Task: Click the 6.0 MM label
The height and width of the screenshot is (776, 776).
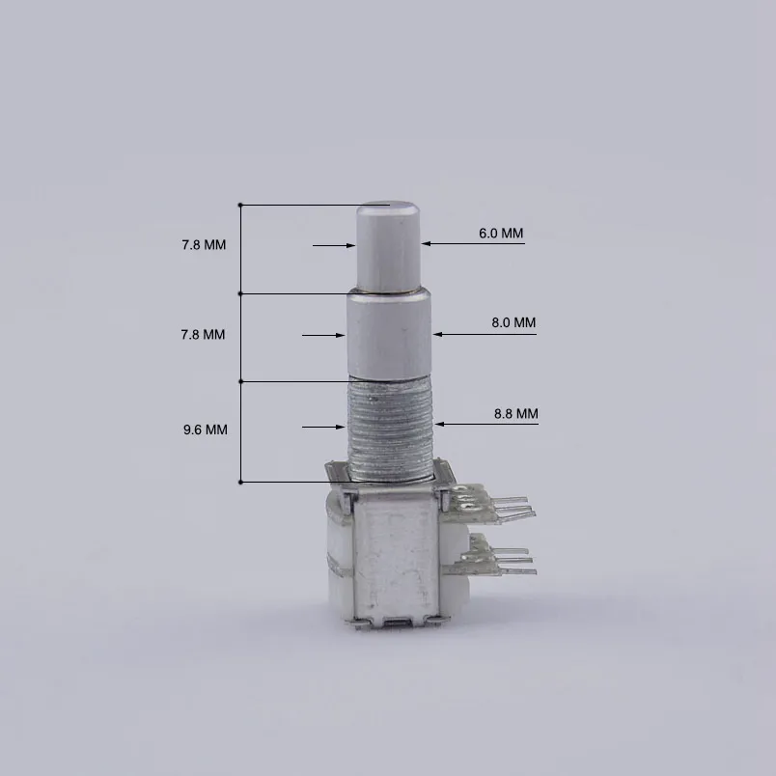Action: point(500,234)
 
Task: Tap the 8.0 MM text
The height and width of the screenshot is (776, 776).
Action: point(513,322)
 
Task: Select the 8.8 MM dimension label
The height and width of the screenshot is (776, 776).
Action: point(514,413)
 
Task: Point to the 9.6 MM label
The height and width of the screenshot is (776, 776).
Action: point(205,430)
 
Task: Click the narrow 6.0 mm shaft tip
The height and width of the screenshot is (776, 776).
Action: point(389,246)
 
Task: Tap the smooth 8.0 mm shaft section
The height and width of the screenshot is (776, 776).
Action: point(389,335)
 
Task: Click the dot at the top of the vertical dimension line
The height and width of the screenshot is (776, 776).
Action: point(240,206)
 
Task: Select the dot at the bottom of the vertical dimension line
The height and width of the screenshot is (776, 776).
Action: point(240,482)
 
